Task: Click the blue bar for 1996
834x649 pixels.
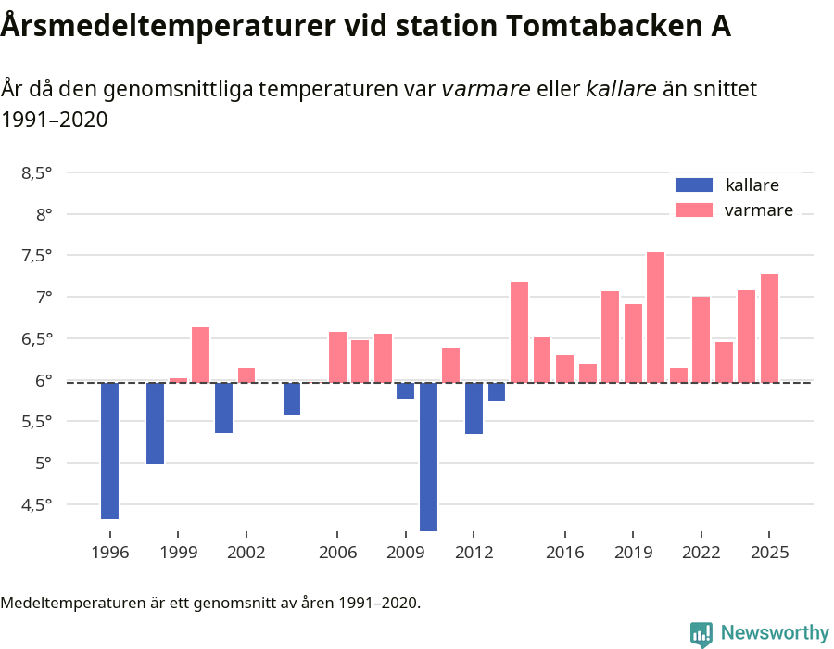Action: pos(109,451)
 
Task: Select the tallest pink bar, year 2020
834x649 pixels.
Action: pos(655,317)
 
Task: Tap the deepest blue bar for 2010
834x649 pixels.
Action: pos(428,456)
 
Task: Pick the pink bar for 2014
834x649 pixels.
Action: pos(519,332)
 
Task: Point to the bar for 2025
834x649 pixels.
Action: pos(769,328)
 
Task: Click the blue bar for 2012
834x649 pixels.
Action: pos(474,408)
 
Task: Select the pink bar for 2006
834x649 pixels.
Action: pos(337,357)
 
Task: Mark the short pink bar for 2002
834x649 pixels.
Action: pos(246,375)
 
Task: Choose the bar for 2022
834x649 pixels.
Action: pos(701,339)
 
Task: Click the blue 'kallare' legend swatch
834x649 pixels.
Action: pos(694,185)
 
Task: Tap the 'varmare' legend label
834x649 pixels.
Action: pos(758,210)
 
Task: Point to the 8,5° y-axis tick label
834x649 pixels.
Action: pos(37,172)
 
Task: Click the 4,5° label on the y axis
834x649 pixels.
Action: pos(37,504)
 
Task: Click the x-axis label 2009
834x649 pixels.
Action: pos(406,553)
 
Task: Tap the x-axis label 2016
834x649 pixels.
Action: pos(564,553)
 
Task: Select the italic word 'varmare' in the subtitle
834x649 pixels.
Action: pos(486,89)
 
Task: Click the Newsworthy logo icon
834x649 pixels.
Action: pos(701,633)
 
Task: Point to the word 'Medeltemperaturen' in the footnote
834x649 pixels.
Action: pos(65,604)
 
